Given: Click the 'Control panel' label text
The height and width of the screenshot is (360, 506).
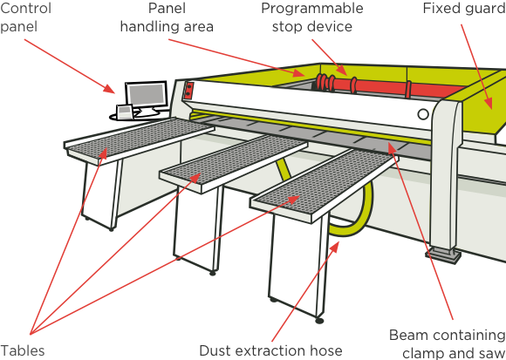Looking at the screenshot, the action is (x=25, y=17).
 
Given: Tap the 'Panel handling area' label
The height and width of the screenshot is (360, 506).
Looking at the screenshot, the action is (x=167, y=17).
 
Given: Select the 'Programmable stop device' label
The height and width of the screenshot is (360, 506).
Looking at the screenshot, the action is (x=312, y=17).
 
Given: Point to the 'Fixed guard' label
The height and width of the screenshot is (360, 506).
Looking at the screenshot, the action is (x=464, y=9).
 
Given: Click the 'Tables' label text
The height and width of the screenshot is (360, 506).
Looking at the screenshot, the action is (x=23, y=350).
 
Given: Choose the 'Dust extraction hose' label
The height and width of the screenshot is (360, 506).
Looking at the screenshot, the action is (x=270, y=350).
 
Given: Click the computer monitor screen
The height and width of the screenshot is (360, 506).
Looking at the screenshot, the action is (x=147, y=94).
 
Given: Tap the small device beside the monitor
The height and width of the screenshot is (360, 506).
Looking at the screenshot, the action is (x=125, y=112).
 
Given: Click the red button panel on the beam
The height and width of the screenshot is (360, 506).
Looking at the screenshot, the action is (x=189, y=91).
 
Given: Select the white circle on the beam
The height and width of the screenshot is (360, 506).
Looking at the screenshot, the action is (x=423, y=114).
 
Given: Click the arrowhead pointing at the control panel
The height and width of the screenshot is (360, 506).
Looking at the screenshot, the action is (x=109, y=89).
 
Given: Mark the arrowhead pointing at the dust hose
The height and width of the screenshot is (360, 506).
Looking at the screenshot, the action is (x=335, y=247).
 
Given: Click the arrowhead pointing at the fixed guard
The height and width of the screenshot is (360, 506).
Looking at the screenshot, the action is (x=489, y=104).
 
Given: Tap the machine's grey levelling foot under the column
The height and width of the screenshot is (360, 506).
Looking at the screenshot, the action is (x=443, y=256).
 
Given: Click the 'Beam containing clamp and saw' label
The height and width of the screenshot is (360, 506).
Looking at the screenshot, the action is (x=448, y=344).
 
